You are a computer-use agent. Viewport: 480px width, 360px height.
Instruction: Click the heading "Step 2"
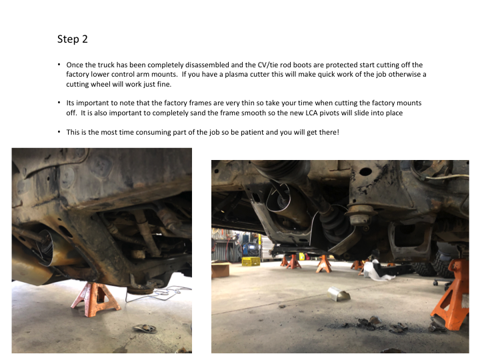click(x=73, y=39)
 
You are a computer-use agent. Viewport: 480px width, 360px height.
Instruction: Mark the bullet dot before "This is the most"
click(x=59, y=131)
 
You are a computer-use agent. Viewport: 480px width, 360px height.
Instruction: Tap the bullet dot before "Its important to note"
click(x=59, y=103)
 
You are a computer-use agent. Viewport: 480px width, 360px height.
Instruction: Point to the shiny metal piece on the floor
click(x=339, y=294)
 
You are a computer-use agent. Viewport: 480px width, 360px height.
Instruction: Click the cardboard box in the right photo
click(x=220, y=270)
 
